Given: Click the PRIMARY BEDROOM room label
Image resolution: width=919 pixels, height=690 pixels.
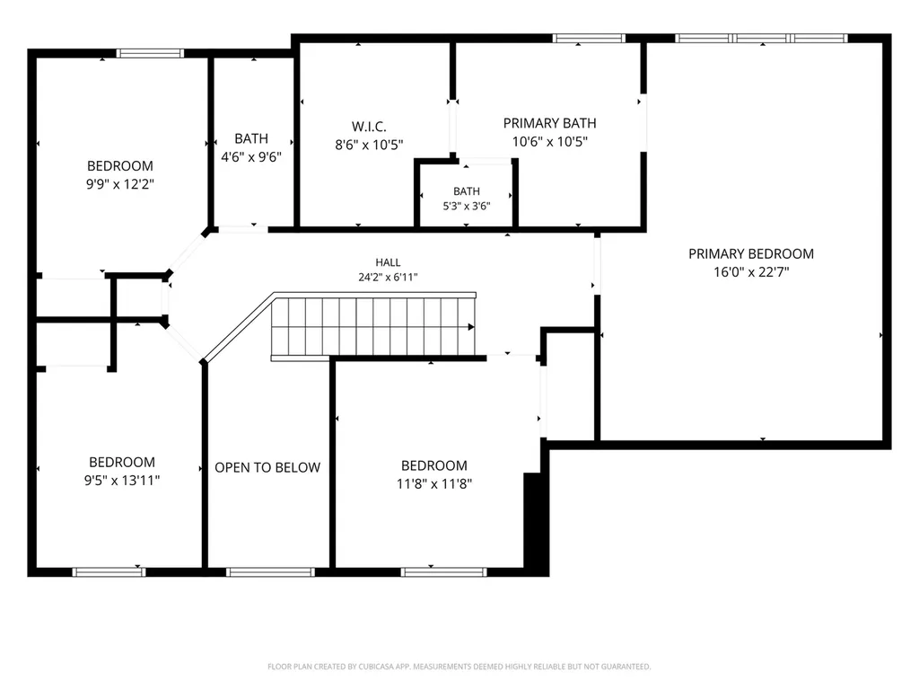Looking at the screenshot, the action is tap(751, 254).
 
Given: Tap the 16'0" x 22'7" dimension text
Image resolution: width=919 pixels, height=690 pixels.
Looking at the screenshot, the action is tap(751, 272).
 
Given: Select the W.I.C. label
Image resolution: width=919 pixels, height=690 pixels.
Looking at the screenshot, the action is tap(369, 127).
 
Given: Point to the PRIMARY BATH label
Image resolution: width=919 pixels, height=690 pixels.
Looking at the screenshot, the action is tap(550, 123).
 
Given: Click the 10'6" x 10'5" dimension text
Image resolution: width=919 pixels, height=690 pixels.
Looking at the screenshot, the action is tap(550, 141).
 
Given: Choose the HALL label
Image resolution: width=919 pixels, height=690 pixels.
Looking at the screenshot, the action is tap(388, 262).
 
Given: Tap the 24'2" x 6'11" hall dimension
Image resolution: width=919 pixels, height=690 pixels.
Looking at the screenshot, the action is tap(388, 277).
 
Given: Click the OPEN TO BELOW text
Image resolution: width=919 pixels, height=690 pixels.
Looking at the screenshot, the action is tap(267, 467).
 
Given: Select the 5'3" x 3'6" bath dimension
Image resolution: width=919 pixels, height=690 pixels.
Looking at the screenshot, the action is tap(467, 206).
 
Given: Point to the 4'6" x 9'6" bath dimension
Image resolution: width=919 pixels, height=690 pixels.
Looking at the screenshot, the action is tap(251, 156).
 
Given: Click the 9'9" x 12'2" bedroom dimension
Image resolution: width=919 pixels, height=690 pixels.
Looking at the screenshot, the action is tap(120, 184).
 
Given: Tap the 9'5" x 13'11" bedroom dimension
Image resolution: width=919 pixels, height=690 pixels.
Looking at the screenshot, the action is tap(122, 481).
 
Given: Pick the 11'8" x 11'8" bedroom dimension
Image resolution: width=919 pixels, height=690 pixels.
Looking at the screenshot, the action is tap(434, 484).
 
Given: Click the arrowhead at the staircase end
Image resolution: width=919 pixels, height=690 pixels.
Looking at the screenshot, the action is tap(471, 327).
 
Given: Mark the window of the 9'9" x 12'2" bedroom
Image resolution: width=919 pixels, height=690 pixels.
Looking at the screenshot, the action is tap(150, 53).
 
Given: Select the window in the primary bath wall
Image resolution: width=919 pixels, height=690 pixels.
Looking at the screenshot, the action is tap(589, 38).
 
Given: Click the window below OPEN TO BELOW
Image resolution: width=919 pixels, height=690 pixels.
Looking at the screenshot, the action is tap(271, 572).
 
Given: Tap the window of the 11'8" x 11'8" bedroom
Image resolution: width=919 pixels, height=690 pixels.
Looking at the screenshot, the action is tap(444, 572).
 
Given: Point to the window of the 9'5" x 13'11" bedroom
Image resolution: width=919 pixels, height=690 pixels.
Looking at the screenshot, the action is tap(109, 572).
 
